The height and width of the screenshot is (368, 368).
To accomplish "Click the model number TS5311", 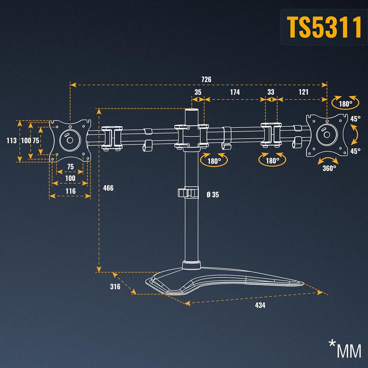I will [x=324, y=27].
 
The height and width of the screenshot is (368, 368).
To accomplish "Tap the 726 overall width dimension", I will [x=206, y=80].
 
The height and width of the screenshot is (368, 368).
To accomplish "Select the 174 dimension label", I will [x=235, y=92].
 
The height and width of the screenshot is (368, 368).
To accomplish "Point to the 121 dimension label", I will [x=303, y=92].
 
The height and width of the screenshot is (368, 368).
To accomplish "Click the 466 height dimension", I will [x=108, y=188].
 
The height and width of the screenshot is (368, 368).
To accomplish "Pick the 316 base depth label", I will [x=115, y=287].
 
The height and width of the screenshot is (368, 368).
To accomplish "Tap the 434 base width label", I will [x=260, y=305].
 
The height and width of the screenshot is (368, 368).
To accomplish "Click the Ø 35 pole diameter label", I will [x=213, y=195].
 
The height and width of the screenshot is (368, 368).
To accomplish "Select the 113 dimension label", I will [x=12, y=140].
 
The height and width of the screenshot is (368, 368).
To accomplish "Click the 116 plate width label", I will [x=71, y=191].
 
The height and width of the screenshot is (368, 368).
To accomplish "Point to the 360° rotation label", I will [x=329, y=168].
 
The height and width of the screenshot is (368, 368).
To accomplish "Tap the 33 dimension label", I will [x=271, y=92].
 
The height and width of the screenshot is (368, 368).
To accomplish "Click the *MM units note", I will [x=345, y=349].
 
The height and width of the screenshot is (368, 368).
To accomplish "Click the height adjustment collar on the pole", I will [x=188, y=193].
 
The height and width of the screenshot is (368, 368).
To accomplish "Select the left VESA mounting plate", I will [x=70, y=140].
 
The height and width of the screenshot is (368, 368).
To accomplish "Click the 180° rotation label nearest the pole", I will [x=214, y=161].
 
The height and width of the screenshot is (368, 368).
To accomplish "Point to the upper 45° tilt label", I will [x=355, y=119].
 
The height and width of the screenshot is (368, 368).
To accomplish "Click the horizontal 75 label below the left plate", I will [x=70, y=167].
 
